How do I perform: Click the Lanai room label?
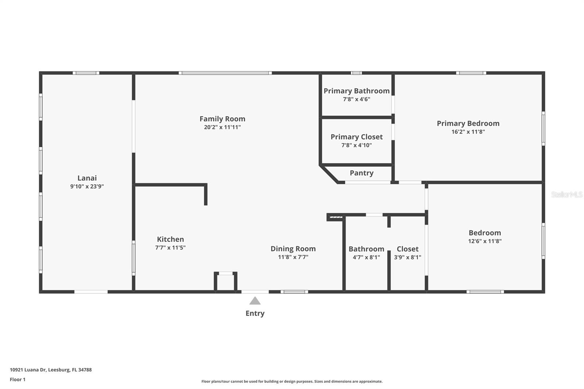87,178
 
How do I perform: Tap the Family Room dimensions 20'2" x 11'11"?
222,127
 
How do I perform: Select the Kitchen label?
170,239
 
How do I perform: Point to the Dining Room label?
293,249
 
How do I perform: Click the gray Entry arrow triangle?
255,301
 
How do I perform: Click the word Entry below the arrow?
255,313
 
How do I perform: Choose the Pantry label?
361,173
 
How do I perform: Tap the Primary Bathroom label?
356,91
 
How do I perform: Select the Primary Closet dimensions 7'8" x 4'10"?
356,145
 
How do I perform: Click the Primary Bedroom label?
468,123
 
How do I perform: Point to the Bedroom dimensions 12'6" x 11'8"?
485,241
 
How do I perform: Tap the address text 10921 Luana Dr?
51,370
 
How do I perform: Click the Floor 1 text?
18,380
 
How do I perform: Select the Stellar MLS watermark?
566,194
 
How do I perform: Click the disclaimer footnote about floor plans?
292,381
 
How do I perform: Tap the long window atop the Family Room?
225,73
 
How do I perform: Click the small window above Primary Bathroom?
356,73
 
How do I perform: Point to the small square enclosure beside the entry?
226,282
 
